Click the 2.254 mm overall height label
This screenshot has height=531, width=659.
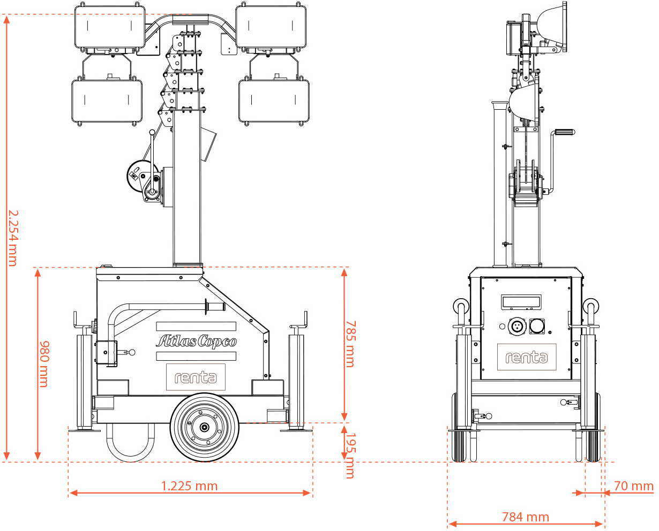(13, 238)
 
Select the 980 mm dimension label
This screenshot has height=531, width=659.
(44, 364)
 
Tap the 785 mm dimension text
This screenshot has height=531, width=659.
(351, 344)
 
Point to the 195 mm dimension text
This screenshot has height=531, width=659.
(351, 456)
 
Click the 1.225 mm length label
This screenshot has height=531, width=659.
(189, 486)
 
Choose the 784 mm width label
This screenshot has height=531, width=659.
(526, 517)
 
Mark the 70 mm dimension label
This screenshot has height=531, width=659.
(634, 486)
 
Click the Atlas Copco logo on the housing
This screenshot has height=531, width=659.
(196, 341)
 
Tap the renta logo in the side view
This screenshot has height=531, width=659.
(196, 377)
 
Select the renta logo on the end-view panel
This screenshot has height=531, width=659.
(527, 357)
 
